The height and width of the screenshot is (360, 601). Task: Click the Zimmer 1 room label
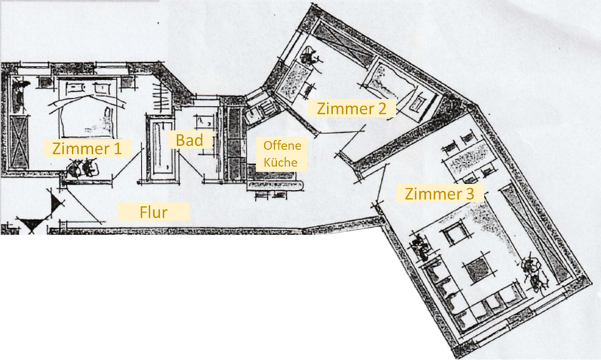click(x=86, y=148)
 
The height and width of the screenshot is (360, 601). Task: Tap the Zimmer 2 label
click(x=351, y=108)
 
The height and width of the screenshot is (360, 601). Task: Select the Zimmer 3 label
click(x=439, y=193)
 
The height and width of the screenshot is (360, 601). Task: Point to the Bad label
click(x=189, y=140)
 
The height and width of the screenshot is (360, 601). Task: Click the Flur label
click(x=153, y=212)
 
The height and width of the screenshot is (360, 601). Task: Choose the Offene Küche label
click(x=282, y=154)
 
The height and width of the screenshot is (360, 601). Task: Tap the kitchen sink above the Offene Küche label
click(x=257, y=113)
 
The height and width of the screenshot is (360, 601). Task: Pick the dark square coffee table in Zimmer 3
click(x=477, y=270)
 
